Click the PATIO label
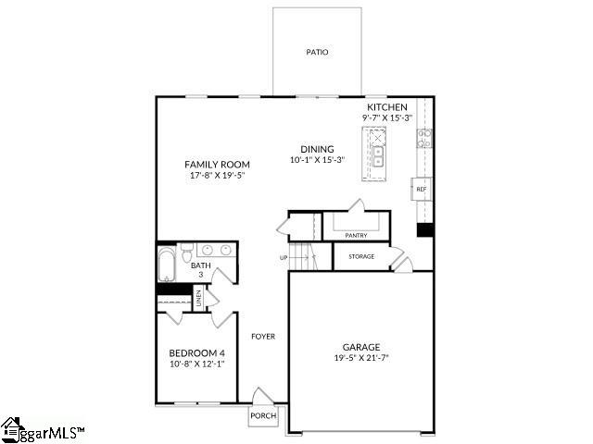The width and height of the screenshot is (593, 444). point(317,52)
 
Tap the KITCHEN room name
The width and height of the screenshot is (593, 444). point(387,107)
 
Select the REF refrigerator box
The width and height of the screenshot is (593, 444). point(422,189)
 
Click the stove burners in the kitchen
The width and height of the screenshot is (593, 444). point(424,138)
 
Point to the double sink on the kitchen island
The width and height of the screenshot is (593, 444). point(377,156)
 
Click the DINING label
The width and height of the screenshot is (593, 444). point(317,149)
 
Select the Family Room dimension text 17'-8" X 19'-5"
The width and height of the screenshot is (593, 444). point(218,175)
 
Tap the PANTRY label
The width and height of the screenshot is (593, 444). point(356,236)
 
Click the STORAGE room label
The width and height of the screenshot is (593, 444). point(361,257)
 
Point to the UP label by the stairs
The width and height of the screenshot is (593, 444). point(284,258)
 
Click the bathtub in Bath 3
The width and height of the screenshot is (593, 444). point(167,264)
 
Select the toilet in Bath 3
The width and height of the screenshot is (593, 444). point(186,253)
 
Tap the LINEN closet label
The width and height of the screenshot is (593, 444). point(199,298)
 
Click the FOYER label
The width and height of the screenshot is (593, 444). point(263,337)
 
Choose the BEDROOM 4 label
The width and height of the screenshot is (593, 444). point(196,353)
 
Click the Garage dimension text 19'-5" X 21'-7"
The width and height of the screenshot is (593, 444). point(361,358)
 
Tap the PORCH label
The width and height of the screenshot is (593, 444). point(263,415)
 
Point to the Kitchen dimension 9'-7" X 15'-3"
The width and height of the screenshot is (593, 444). point(387,117)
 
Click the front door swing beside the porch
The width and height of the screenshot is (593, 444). point(262,396)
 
